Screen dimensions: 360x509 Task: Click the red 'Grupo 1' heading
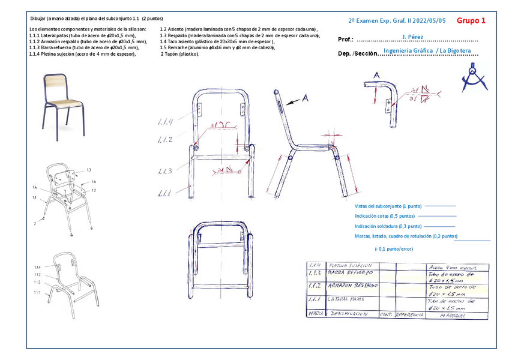tap(471, 20)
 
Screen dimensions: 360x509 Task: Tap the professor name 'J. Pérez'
tap(412, 37)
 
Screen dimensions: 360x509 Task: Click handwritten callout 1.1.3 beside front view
tap(165, 172)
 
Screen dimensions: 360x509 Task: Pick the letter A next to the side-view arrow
tap(304, 98)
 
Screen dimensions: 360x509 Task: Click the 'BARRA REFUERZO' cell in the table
tap(348, 273)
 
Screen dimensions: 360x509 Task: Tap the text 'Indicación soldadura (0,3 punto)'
tap(388, 226)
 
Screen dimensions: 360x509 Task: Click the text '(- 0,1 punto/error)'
tap(394, 248)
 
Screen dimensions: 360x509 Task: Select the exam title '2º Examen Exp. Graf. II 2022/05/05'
tap(397, 20)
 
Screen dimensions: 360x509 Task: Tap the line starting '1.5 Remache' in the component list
tap(217, 47)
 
